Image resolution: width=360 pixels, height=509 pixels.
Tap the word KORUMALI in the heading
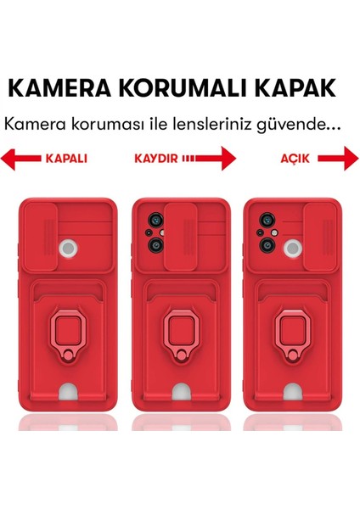(184, 88)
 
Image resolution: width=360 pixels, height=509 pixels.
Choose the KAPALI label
(65, 159)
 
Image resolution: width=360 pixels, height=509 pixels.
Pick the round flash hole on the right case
(292, 246)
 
